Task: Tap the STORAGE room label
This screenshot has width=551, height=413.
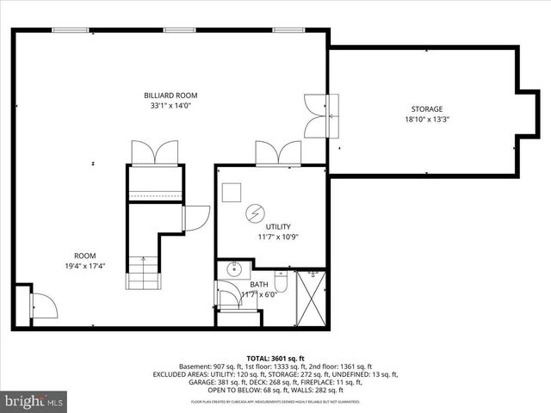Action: [426, 109]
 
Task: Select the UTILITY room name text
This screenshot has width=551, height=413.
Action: [266, 226]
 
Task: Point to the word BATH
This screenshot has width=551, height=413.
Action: [259, 285]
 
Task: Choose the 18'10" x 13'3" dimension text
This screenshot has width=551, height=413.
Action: [426, 120]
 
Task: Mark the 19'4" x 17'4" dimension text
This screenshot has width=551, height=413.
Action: [84, 267]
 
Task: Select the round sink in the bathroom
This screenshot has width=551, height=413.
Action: [232, 270]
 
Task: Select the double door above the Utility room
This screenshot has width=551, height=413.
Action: [277, 154]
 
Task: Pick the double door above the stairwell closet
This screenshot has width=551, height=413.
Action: [154, 152]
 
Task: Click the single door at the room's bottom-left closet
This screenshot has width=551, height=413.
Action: [43, 304]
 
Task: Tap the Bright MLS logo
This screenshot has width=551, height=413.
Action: [34, 401]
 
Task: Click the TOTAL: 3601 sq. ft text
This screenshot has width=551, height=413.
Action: [275, 357]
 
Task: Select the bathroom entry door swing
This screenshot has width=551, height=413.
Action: [227, 297]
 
